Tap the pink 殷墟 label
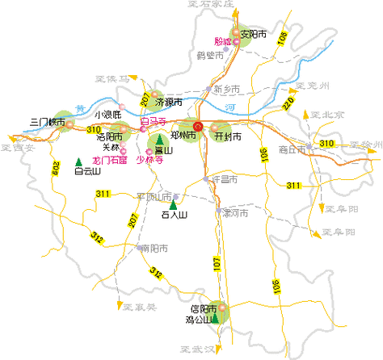click(x=222, y=41)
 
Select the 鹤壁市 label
click(x=209, y=56)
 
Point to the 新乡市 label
click(x=227, y=88)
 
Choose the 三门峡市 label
click(x=46, y=122)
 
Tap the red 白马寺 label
click(x=153, y=122)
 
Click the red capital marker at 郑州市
click(x=199, y=126)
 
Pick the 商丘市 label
click(x=290, y=149)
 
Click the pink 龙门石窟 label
click(x=110, y=160)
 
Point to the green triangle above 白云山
click(x=78, y=161)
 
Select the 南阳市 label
click(x=154, y=249)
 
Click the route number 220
click(x=288, y=103)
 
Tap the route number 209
click(x=57, y=169)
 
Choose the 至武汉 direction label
click(x=196, y=349)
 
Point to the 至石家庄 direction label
click(x=209, y=4)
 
